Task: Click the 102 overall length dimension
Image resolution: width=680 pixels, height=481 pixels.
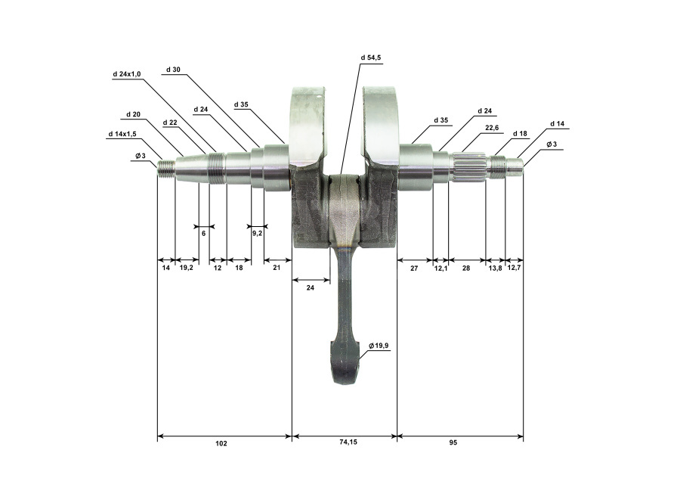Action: [221, 443]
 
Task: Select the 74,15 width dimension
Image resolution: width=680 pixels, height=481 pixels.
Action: [348, 442]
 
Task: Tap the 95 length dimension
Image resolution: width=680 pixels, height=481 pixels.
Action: [453, 442]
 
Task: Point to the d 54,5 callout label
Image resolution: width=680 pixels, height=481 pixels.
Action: [371, 57]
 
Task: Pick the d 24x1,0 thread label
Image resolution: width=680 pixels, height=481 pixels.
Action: [127, 74]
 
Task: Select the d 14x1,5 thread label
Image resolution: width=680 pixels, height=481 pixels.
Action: [122, 134]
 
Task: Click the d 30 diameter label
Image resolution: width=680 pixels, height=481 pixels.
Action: [173, 70]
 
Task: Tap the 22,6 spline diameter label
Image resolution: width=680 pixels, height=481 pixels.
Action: [492, 128]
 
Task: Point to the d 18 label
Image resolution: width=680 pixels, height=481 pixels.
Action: [520, 134]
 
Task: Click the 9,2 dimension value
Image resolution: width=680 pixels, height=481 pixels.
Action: [257, 234]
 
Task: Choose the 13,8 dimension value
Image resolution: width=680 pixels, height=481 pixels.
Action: [495, 268]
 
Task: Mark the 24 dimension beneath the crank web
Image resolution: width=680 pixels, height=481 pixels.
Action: [310, 287]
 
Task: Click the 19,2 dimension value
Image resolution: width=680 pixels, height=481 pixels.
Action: [186, 268]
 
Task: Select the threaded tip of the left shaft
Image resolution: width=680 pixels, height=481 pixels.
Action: [166, 169]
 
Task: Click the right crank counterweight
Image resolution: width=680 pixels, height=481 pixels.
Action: [380, 126]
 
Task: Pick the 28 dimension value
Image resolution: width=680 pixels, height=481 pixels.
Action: [465, 268]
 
